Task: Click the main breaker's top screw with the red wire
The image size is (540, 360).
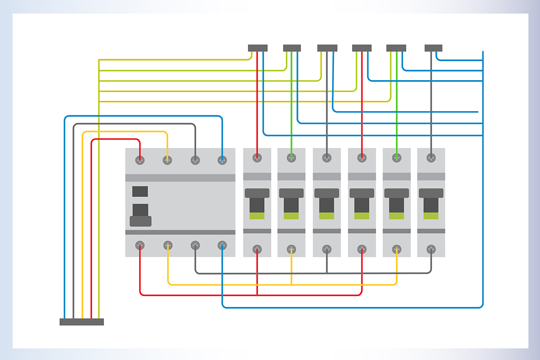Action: [140, 159]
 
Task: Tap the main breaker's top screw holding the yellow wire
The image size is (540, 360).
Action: [167, 159]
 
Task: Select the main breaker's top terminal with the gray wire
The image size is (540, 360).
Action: [195, 159]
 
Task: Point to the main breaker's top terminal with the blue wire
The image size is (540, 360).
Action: [222, 159]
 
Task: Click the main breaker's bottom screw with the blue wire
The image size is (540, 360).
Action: [222, 245]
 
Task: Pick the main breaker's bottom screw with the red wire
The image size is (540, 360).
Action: [140, 245]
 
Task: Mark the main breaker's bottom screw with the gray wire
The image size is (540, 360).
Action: [195, 245]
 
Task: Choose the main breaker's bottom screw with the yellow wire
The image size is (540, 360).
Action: [167, 245]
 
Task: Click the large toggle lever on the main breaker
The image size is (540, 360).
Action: [140, 216]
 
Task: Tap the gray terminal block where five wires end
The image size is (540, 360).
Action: [82, 322]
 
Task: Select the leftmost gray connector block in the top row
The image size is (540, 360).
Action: [258, 48]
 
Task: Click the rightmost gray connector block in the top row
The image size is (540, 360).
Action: [433, 48]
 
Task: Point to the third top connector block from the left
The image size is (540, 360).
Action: [327, 48]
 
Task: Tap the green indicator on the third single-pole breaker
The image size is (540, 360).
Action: [327, 216]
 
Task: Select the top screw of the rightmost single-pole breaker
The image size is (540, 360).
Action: [431, 157]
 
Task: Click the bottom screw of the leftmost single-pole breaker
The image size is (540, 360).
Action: [257, 248]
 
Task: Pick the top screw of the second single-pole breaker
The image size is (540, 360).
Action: [292, 157]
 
